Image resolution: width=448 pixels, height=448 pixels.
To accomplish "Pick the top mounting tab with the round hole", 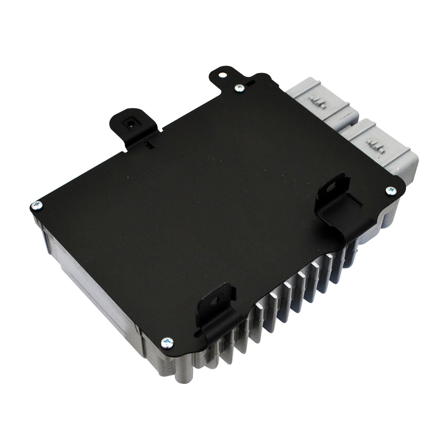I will [221, 76].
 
